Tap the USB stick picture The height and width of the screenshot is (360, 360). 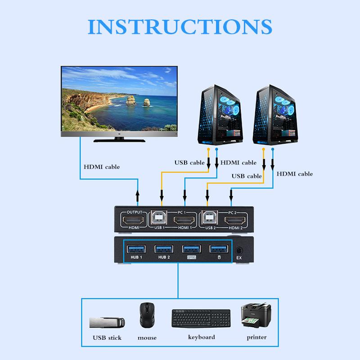(107, 323)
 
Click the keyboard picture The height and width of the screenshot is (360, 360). (201, 319)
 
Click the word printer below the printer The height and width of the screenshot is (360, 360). (256, 337)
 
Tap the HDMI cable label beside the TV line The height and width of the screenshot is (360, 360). (102, 167)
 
